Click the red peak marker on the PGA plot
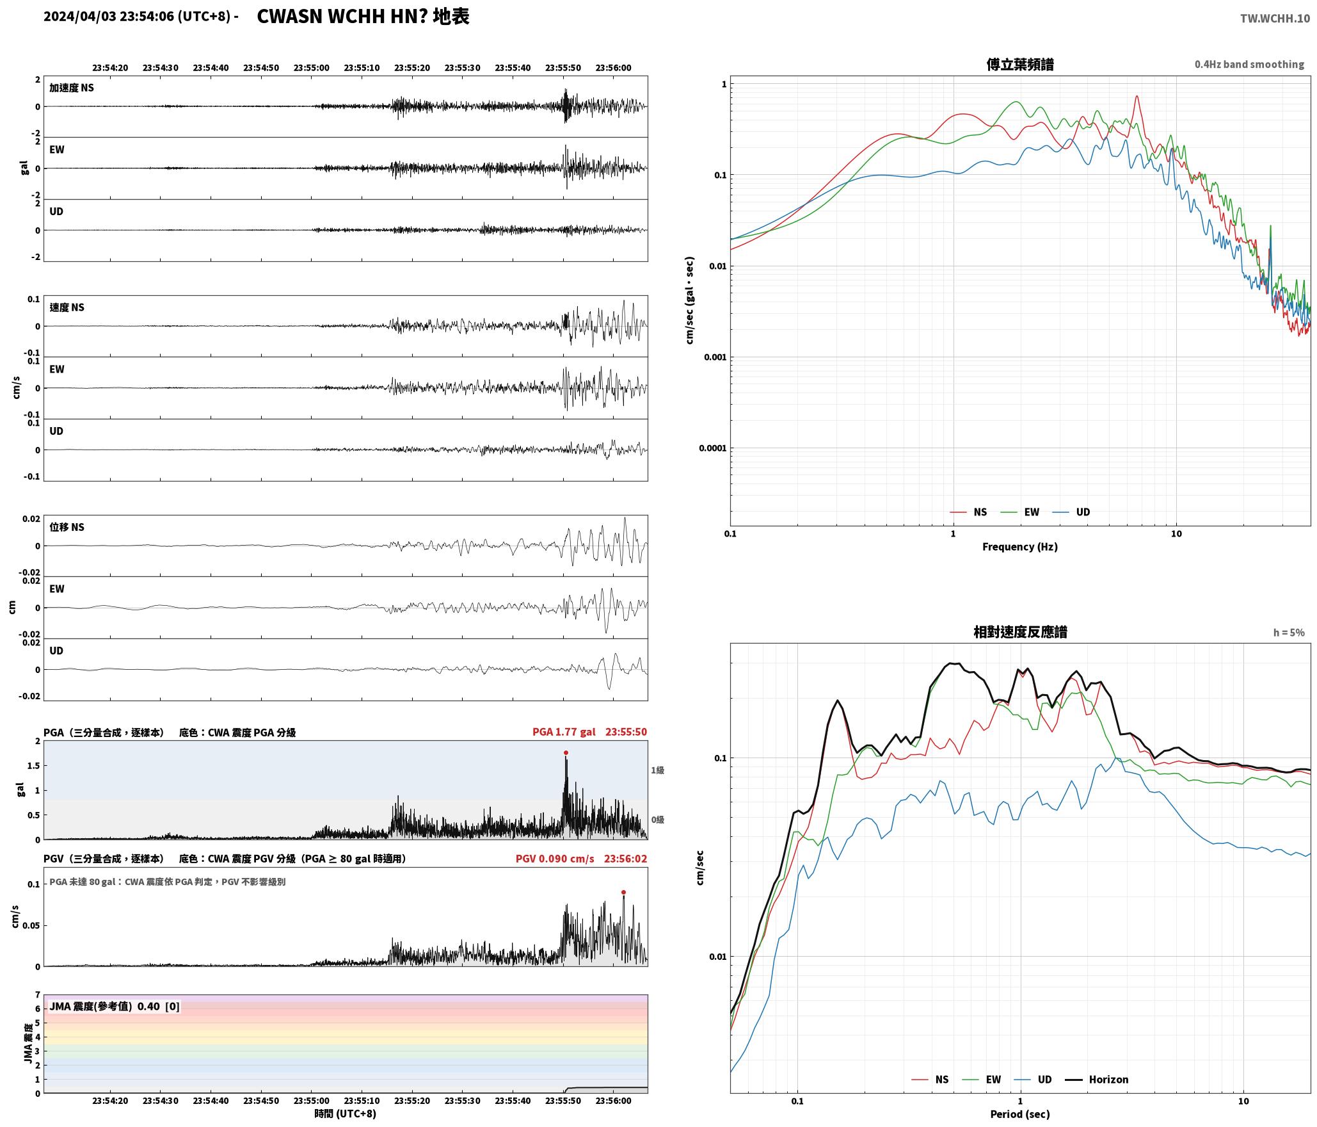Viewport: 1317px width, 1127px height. click(566, 752)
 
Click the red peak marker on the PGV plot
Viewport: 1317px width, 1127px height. click(623, 892)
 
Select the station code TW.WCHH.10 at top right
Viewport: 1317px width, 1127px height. click(1275, 19)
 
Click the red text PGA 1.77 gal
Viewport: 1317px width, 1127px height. click(564, 732)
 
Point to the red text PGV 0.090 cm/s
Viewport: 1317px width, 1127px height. click(555, 859)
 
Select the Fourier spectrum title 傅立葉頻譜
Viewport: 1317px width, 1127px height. click(1020, 65)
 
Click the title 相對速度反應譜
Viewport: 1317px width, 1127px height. click(1020, 632)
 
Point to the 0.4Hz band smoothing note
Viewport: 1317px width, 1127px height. click(1249, 65)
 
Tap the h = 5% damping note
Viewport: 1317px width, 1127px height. click(1289, 633)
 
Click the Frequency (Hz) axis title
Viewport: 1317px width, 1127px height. click(1020, 547)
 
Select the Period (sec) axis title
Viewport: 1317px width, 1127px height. click(1020, 1114)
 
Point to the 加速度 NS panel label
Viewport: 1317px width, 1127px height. click(72, 88)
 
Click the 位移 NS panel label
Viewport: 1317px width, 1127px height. click(67, 527)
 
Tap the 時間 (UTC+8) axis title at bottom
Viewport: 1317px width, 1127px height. click(346, 1114)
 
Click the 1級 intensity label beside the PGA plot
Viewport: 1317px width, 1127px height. click(657, 770)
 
